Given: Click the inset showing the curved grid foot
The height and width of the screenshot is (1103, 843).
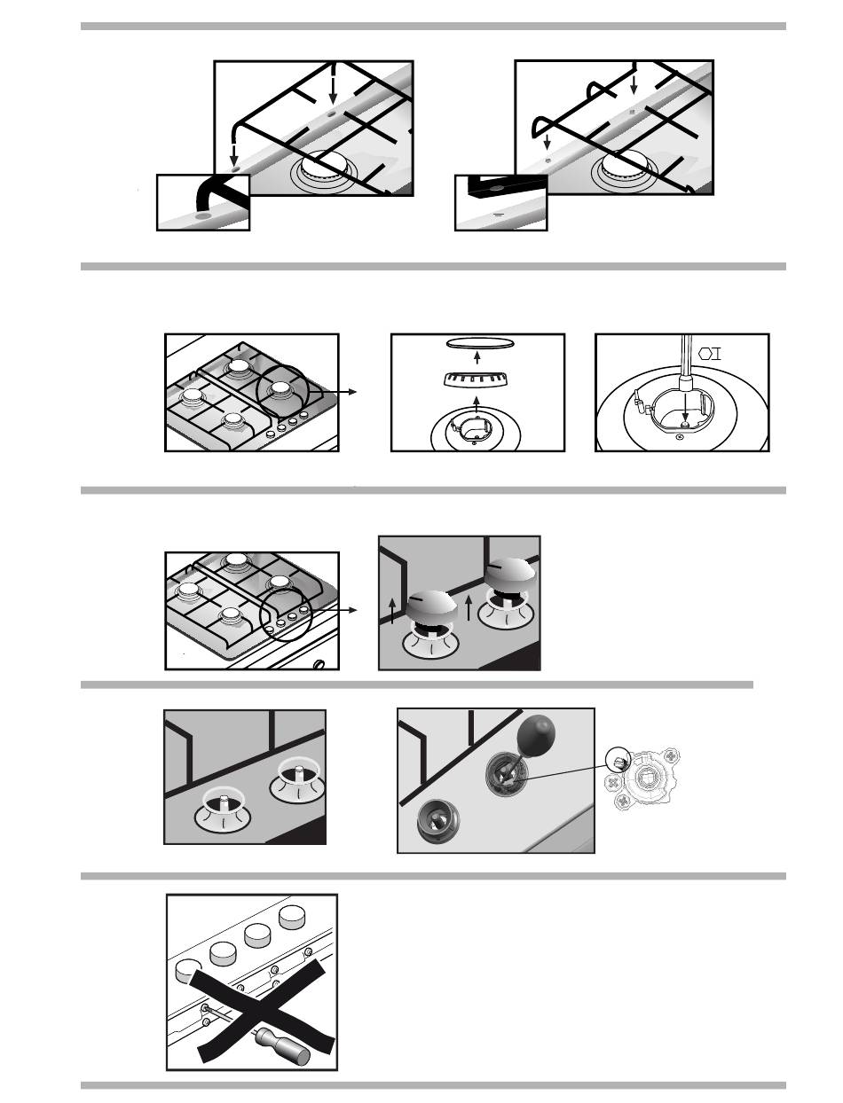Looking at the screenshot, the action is (203, 202).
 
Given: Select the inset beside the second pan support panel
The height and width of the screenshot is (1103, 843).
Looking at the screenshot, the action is (500, 202).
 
